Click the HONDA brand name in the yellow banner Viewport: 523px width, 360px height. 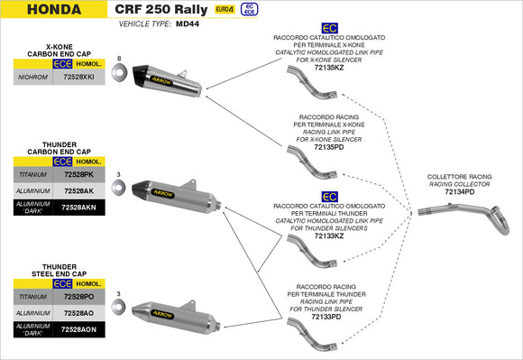pos(41,11)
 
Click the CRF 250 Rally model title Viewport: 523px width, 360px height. pos(166,11)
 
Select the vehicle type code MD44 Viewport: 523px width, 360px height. pos(188,26)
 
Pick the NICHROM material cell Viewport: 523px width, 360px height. pos(33,78)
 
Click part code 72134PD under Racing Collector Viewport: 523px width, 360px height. pos(459,191)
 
